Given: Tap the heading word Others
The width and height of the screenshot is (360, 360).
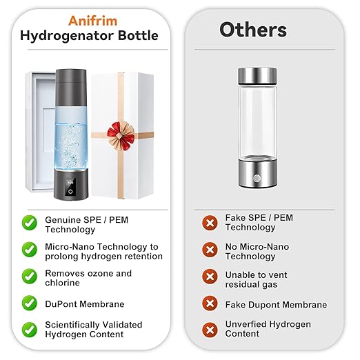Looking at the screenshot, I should tap(253, 30).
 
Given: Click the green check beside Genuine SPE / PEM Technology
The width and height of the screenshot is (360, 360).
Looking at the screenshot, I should tap(30, 222).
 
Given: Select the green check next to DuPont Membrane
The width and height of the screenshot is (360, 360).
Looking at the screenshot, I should tap(30, 303).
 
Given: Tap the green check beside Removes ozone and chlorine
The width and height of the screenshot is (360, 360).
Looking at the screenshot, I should tap(30, 277).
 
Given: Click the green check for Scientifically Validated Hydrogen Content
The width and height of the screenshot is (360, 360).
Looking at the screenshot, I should tap(30, 329).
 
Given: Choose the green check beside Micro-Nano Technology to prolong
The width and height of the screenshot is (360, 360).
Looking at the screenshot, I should tap(30, 250).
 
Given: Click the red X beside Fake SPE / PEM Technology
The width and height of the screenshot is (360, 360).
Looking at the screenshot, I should tap(210, 222).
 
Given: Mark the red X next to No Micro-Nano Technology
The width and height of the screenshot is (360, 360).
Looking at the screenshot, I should tap(210, 250).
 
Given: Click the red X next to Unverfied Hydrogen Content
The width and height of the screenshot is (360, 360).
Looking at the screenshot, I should tap(210, 329).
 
